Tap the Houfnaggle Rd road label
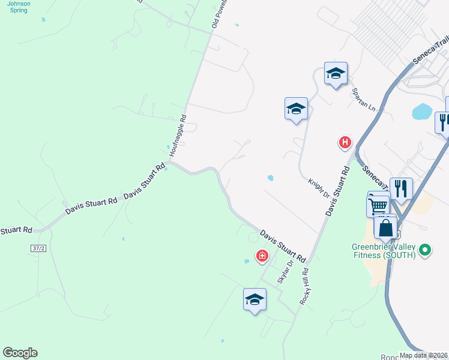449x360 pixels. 178,136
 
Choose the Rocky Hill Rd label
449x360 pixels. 307,287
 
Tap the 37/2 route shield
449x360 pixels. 37,247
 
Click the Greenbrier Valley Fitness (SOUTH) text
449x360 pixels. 384,251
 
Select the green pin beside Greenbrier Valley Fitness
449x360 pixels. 426,249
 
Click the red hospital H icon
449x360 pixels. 345,142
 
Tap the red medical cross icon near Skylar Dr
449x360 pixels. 262,256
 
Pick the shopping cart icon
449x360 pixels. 378,205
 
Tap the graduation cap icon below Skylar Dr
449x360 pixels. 255,299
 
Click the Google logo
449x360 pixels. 20,353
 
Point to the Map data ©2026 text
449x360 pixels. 423,355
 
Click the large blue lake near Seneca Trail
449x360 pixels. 422,112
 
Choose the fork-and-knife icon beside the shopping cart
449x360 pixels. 401,188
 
